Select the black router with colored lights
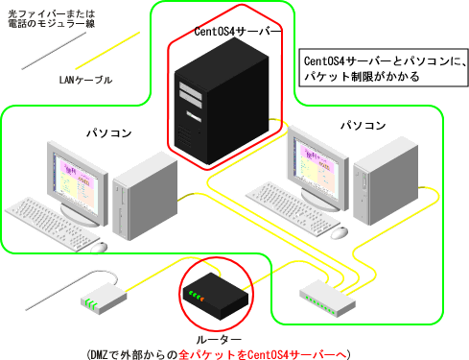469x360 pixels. tap(212, 293)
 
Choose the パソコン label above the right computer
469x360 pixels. tap(363, 126)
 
